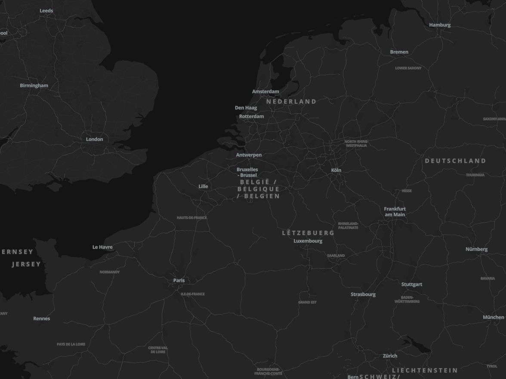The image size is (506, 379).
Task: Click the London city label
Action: [94, 139]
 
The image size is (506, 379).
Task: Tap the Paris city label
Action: [179, 281]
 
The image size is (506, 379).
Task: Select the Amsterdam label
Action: [265, 92]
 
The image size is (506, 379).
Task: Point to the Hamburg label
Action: [440, 25]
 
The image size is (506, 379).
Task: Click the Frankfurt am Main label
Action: [395, 212]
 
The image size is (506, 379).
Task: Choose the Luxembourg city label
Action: [308, 241]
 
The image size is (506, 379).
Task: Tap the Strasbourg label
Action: [363, 294]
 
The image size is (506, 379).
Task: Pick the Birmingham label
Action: [34, 86]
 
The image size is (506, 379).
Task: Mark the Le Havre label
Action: [102, 247]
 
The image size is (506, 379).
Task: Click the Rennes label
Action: [42, 318]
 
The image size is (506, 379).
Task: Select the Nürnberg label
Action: [476, 249]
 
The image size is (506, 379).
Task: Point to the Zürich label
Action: [390, 356]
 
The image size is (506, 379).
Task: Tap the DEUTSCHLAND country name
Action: [455, 161]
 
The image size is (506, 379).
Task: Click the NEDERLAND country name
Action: [291, 102]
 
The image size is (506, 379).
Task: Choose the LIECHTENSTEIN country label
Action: [425, 370]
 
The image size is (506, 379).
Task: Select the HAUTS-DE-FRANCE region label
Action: [191, 218]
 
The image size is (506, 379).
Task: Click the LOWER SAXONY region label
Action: [408, 68]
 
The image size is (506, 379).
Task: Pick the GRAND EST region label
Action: [307, 303]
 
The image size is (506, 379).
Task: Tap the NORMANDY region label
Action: [110, 272]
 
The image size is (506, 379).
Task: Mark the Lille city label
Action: [203, 186]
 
